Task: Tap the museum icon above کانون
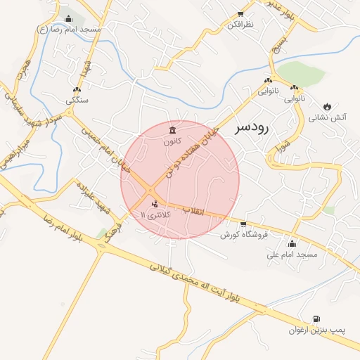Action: pos(174,130)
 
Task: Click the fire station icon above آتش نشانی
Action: pos(327,107)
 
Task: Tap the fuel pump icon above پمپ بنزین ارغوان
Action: pos(314,319)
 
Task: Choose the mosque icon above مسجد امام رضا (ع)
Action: pos(67,19)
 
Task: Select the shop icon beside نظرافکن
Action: pos(241,14)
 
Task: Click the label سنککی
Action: pos(77,100)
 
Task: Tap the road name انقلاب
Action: pos(193,210)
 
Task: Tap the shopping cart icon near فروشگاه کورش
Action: pos(243,224)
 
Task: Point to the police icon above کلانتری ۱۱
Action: pos(155,204)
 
